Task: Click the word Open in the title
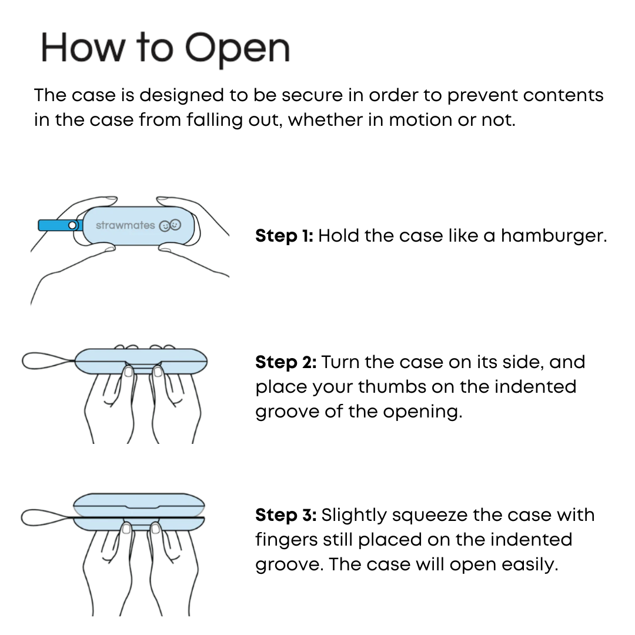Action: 238,49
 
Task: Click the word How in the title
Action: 83,48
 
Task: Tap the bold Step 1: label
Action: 285,236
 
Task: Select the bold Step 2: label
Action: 286,362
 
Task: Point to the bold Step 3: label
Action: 286,516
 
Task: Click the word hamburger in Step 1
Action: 554,236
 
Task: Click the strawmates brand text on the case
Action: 125,225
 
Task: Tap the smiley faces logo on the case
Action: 170,225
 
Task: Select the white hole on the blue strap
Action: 72,226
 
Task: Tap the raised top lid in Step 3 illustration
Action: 139,504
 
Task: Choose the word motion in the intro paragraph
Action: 419,120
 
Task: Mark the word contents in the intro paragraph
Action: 563,96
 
